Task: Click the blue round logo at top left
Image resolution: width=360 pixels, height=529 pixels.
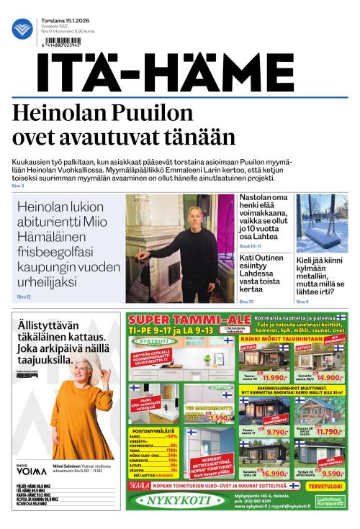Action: pyautogui.click(x=22, y=29)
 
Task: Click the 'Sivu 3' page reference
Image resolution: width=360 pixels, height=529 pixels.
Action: pyautogui.click(x=18, y=186)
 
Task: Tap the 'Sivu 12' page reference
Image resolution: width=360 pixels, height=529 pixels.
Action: pyautogui.click(x=24, y=297)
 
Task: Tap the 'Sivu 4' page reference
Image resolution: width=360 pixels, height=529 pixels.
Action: pyautogui.click(x=302, y=302)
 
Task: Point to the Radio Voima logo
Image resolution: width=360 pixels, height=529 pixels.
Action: pyautogui.click(x=26, y=472)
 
